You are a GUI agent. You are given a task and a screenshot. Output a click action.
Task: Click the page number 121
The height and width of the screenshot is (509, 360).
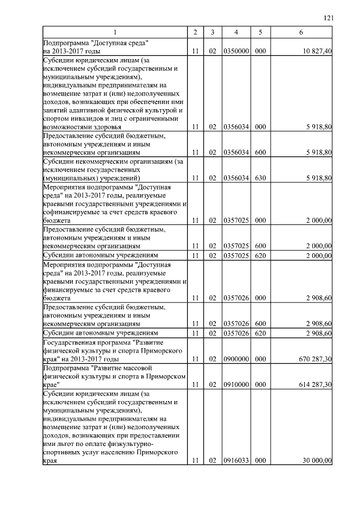[329, 19]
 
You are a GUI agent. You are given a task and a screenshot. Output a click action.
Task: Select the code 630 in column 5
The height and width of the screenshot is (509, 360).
[260, 178]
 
